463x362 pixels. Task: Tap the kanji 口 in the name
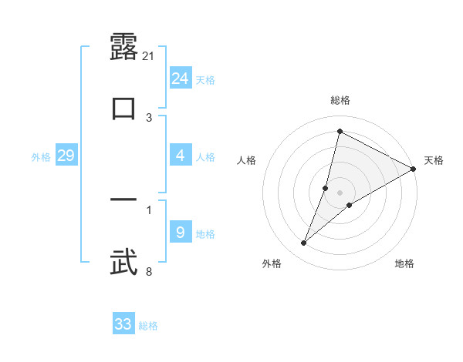coord(123,108)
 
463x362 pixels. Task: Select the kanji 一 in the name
coord(123,200)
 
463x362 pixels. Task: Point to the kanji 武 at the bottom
coord(123,262)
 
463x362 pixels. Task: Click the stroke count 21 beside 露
coord(149,55)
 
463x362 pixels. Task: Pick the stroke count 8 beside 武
coord(148,271)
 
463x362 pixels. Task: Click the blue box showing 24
coord(181,79)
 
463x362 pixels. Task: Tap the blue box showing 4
coord(181,156)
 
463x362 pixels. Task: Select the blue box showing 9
coord(181,233)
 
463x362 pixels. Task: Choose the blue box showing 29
coord(66,156)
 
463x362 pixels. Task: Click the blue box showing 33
coord(123,324)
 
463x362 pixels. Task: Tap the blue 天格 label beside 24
coord(205,80)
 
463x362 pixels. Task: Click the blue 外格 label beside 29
coord(41,157)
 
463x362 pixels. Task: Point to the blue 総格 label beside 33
coord(148,326)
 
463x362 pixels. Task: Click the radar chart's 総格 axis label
coord(340,100)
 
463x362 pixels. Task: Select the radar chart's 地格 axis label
coord(404,264)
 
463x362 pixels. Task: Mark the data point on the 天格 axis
coord(414,169)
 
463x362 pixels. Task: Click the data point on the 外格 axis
coord(304,243)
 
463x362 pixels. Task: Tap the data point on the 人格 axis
coord(326,188)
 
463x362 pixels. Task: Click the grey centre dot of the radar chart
coord(340,193)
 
